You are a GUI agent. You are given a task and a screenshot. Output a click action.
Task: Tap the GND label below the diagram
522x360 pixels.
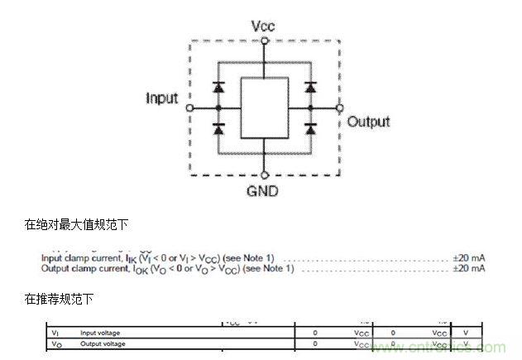click(264, 191)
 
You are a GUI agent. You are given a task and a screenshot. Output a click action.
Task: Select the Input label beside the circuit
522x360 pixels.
click(162, 98)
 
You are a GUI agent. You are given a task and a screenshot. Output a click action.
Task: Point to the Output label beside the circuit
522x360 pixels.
click(368, 122)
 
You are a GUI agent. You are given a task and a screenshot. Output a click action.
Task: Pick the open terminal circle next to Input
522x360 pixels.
click(189, 108)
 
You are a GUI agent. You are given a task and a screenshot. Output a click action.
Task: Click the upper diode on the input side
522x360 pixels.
click(218, 86)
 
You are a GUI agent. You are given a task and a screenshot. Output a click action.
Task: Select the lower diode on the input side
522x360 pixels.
click(218, 128)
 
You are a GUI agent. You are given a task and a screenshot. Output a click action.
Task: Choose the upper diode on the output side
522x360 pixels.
click(311, 86)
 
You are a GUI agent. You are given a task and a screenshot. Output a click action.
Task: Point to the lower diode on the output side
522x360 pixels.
click(311, 128)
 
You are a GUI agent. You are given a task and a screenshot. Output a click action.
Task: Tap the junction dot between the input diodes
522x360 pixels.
click(218, 108)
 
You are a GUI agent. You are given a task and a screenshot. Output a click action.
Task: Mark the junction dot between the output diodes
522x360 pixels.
click(311, 108)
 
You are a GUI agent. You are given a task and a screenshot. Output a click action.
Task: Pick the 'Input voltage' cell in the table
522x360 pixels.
click(99, 333)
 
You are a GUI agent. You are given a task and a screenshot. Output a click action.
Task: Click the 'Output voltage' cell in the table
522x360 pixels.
click(102, 343)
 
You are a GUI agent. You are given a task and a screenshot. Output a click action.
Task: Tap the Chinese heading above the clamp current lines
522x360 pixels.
click(76, 224)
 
